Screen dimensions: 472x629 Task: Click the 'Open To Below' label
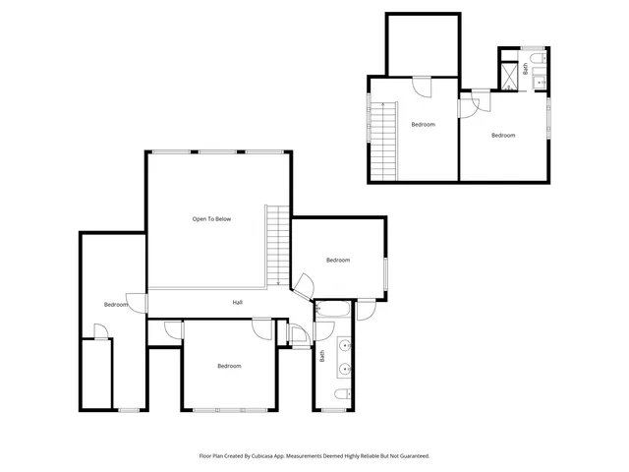coord(211,218)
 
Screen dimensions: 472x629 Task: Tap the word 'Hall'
coord(237,303)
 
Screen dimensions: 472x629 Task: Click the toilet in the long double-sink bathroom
coord(340,395)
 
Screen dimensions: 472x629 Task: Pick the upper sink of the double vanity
coord(345,345)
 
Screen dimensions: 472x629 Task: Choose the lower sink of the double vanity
coord(345,370)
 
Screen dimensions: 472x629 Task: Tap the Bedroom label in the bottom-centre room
coord(229,366)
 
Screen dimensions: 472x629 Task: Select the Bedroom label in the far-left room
coord(115,305)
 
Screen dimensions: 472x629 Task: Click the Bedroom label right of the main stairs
coord(338,260)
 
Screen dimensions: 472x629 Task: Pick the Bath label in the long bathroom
coord(321,355)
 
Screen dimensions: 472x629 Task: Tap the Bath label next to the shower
coord(526,69)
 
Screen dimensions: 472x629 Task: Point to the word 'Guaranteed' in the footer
coord(411,456)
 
